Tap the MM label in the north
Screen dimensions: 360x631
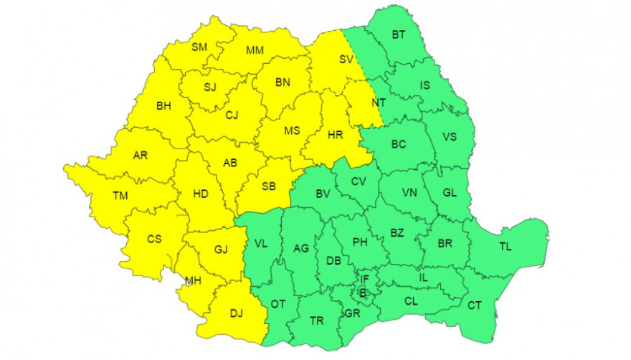tap(255, 50)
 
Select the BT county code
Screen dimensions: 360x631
tap(399, 34)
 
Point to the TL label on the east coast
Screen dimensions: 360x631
tap(506, 247)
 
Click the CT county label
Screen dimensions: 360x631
tap(474, 305)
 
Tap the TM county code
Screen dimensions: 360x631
tap(101, 196)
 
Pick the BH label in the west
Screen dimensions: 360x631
tap(163, 106)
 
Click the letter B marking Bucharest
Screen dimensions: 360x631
tap(363, 293)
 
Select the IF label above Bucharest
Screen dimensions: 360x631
tap(364, 279)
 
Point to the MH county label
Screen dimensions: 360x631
tap(192, 280)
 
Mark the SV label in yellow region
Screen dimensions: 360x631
tap(346, 60)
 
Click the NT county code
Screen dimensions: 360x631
tap(378, 103)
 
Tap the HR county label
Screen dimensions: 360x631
tap(335, 134)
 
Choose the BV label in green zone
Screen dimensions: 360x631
tap(323, 193)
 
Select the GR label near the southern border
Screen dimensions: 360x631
tap(352, 313)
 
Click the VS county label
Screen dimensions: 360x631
tap(450, 137)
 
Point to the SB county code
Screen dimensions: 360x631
tap(268, 186)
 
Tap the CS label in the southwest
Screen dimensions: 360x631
tap(154, 240)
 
